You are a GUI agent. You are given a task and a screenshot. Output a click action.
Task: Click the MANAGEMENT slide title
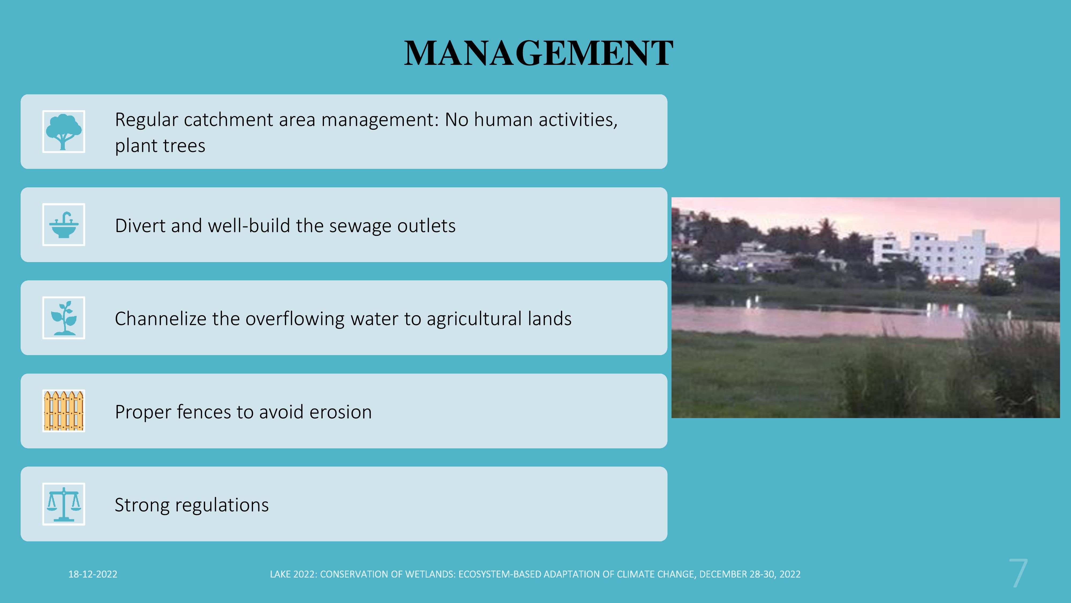click(538, 53)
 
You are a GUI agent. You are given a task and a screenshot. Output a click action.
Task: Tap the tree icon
click(64, 132)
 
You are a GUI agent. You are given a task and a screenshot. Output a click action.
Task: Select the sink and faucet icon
click(64, 225)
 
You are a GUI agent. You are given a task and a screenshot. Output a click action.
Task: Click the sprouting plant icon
click(64, 318)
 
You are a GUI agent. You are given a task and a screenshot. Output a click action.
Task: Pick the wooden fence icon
click(64, 411)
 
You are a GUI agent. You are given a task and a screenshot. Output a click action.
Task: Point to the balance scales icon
click(64, 504)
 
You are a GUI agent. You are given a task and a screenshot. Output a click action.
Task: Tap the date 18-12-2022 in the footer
click(93, 574)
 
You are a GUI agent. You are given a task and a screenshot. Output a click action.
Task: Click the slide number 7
click(1019, 574)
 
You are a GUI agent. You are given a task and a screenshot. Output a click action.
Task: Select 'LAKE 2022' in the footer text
click(293, 574)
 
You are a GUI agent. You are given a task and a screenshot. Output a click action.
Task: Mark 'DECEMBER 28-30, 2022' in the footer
click(750, 574)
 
